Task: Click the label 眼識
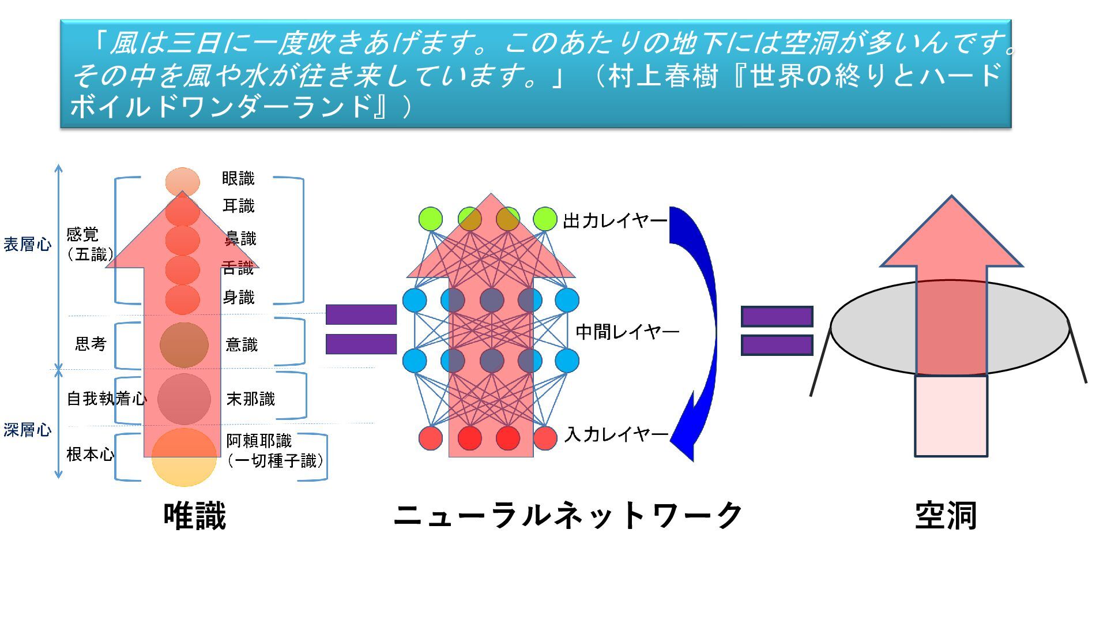[x=238, y=179]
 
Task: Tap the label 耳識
[x=239, y=206]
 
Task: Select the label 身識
[x=239, y=298]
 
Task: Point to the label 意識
[x=242, y=345]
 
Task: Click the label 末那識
[x=251, y=399]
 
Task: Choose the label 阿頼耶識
[x=259, y=441]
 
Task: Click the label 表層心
[x=27, y=245]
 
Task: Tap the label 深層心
[x=27, y=430]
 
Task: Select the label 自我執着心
[x=107, y=399]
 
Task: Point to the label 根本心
[x=90, y=455]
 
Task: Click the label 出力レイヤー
[x=615, y=220]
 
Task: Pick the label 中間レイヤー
[x=627, y=332]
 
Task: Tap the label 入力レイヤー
[x=616, y=434]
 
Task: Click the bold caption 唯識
[x=195, y=515]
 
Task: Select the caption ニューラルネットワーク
[x=568, y=515]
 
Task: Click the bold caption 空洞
[x=946, y=515]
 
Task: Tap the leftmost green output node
[x=431, y=219]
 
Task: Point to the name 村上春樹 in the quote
[x=663, y=76]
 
